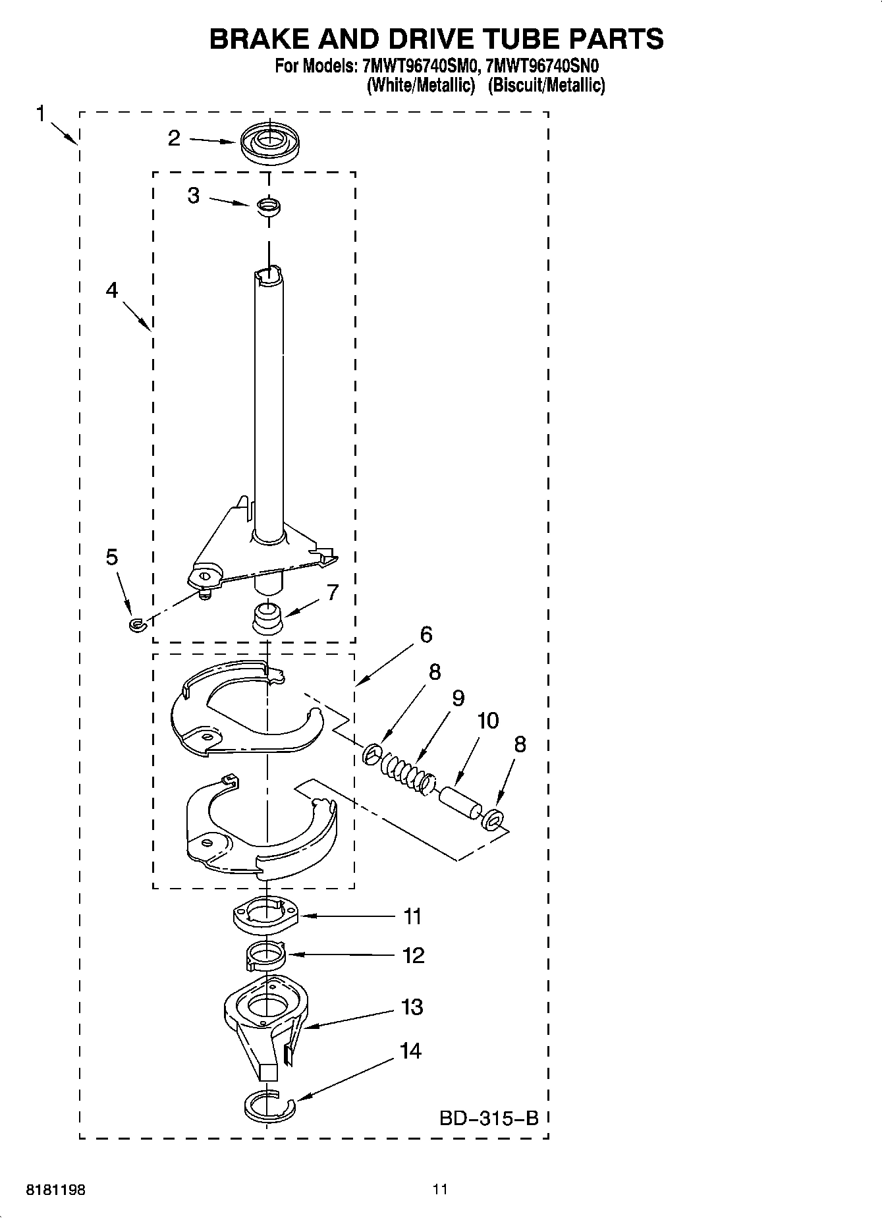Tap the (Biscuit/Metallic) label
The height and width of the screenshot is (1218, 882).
pyautogui.click(x=546, y=85)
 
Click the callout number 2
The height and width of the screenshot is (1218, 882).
pyautogui.click(x=174, y=138)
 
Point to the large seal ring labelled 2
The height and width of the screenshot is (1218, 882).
pyautogui.click(x=268, y=144)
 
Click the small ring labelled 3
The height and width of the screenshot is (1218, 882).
pyautogui.click(x=268, y=206)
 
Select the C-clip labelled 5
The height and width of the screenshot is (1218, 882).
pyautogui.click(x=137, y=624)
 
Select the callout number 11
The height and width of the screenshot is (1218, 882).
pyautogui.click(x=412, y=916)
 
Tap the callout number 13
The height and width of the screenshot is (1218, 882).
pyautogui.click(x=412, y=1007)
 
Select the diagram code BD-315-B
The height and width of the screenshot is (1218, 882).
pyautogui.click(x=489, y=1118)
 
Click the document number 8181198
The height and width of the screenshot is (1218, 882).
pyautogui.click(x=55, y=1190)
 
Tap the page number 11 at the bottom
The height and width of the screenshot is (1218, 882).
pyautogui.click(x=440, y=1189)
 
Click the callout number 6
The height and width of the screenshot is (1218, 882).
pyautogui.click(x=426, y=635)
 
